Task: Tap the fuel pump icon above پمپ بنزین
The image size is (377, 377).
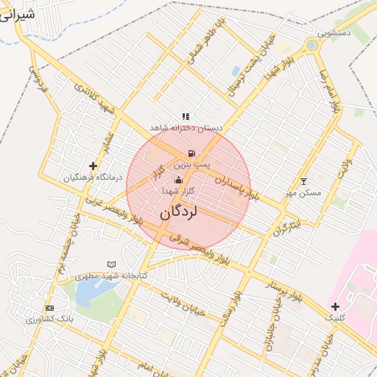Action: [192, 152]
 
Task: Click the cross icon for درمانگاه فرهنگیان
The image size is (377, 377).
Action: [93, 166]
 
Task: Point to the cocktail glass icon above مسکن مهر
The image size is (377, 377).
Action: [303, 181]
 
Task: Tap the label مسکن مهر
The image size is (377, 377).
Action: [303, 193]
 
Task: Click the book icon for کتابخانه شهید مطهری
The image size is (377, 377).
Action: [111, 264]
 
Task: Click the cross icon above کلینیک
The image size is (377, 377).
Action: [336, 306]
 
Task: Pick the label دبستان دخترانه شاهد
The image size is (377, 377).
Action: [186, 127]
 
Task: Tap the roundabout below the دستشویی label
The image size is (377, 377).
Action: [311, 46]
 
